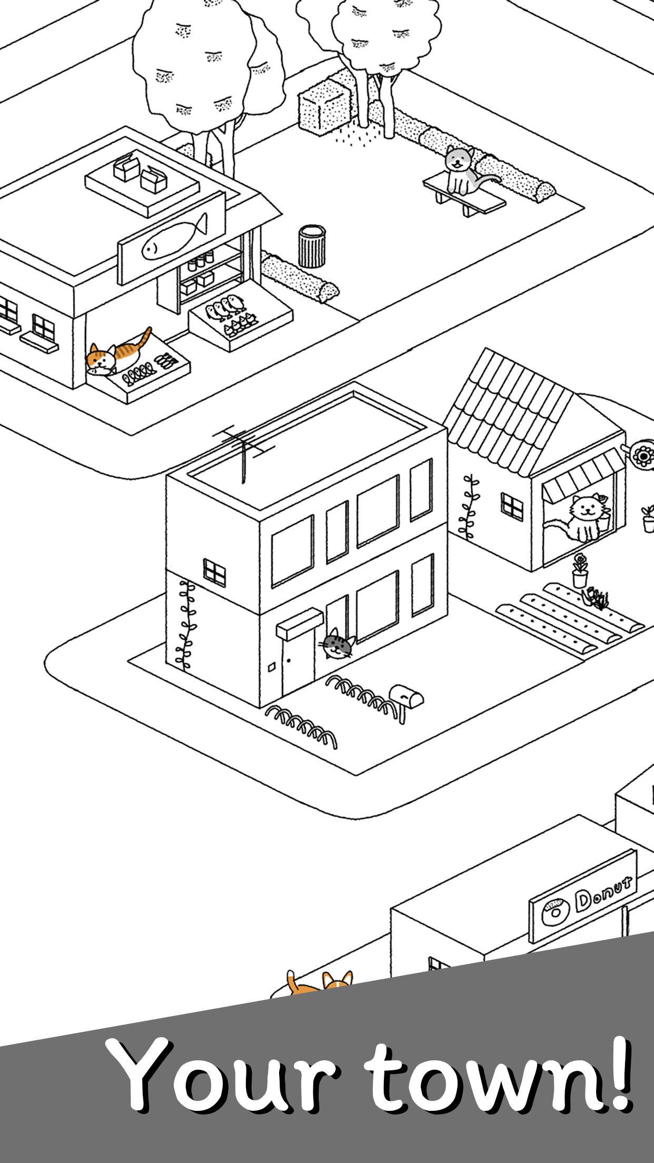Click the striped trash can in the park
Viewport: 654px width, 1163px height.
312,246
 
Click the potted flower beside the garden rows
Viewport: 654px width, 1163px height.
580,570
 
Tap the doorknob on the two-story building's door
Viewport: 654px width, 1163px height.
289,660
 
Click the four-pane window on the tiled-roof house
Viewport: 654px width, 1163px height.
512,506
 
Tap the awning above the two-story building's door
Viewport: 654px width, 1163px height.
300,623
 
